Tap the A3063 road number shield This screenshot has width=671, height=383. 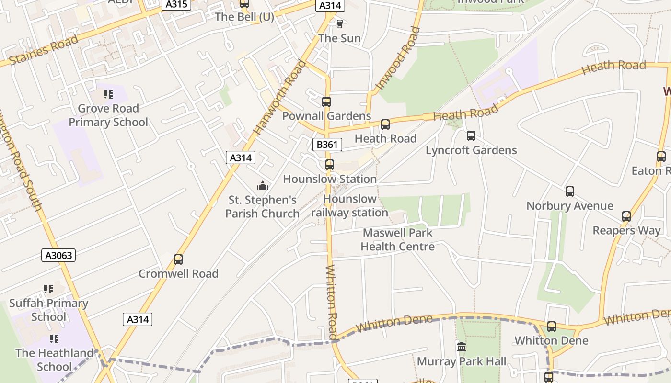58,255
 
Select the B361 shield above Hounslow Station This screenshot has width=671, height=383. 327,145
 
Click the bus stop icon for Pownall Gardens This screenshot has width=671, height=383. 326,101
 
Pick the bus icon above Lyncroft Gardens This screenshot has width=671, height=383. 471,136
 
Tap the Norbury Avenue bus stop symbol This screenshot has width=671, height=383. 570,191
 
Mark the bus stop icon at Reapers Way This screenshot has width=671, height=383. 626,216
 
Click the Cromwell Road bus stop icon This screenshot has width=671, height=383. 178,259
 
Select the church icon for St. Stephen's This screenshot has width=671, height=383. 262,186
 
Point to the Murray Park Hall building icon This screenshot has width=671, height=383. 462,347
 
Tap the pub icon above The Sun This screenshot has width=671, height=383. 340,23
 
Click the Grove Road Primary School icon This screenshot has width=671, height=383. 108,94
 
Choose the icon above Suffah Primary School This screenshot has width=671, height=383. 48,289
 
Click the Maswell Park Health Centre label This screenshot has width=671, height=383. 398,240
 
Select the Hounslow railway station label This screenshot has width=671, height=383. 350,206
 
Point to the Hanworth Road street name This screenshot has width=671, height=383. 279,97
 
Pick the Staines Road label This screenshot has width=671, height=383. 44,51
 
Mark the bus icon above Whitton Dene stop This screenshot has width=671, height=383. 552,327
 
